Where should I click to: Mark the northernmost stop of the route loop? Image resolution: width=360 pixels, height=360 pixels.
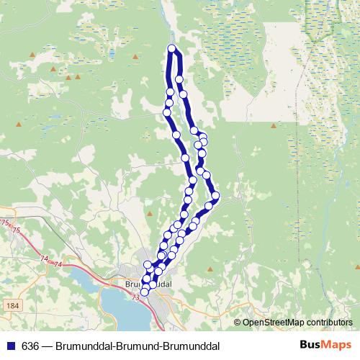[171, 49]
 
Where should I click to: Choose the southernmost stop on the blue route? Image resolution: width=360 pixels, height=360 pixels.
[145, 292]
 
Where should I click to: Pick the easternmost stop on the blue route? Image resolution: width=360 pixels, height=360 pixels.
[215, 195]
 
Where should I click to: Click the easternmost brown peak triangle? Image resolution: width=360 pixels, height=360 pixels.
[274, 126]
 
